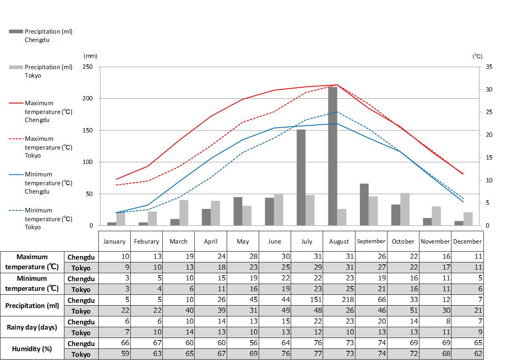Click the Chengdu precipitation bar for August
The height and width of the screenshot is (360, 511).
[x=333, y=156]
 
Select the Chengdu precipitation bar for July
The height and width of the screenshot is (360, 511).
[x=301, y=178]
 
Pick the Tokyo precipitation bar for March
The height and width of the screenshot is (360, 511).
[x=184, y=213]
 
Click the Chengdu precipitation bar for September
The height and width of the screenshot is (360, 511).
[x=364, y=204]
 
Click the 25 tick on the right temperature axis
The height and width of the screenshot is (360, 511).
[x=489, y=112]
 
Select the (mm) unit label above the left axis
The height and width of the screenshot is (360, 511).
[x=90, y=56]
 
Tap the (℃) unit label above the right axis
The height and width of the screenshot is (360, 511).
[x=477, y=56]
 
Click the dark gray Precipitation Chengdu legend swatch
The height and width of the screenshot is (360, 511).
[x=16, y=31]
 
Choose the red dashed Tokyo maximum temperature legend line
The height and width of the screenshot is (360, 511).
[x=16, y=139]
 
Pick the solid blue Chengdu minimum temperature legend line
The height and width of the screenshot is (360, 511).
[x=16, y=174]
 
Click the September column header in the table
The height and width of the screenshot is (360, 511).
[x=371, y=241]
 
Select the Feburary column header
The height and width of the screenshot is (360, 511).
[x=146, y=242]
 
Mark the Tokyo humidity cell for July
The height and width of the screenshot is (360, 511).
[x=307, y=354]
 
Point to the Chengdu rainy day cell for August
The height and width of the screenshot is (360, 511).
[x=339, y=322]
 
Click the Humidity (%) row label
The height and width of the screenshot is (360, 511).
[x=32, y=349]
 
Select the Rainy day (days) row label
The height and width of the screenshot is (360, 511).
[x=32, y=327]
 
